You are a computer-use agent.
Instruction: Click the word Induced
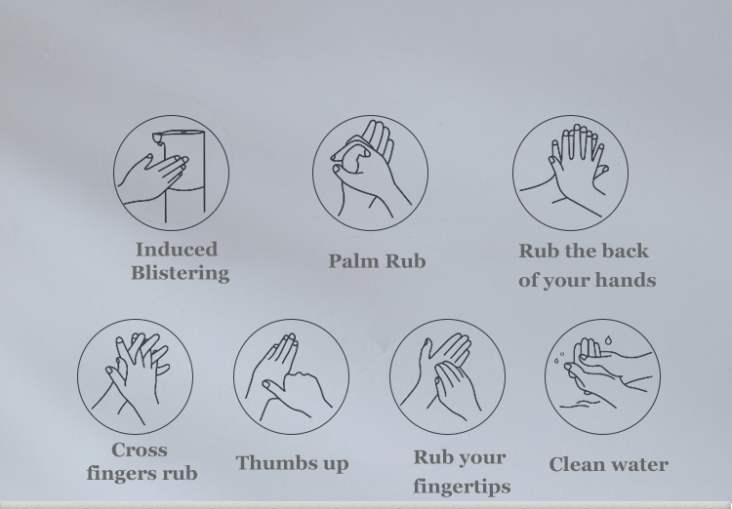point(177,249)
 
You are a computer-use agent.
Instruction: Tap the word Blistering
point(181,273)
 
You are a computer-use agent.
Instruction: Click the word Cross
point(140,450)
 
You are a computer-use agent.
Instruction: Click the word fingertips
point(462,487)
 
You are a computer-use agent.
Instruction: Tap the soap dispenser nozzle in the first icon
point(159,138)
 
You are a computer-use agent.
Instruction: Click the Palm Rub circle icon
point(370,174)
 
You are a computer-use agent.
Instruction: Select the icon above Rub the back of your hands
point(570,174)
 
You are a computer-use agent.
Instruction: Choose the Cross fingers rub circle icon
point(135,376)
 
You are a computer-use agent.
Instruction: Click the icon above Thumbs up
point(291,376)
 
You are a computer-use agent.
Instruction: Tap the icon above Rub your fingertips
point(447,376)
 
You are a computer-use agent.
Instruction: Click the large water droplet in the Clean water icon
point(609,340)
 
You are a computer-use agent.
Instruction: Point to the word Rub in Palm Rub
point(406,260)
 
